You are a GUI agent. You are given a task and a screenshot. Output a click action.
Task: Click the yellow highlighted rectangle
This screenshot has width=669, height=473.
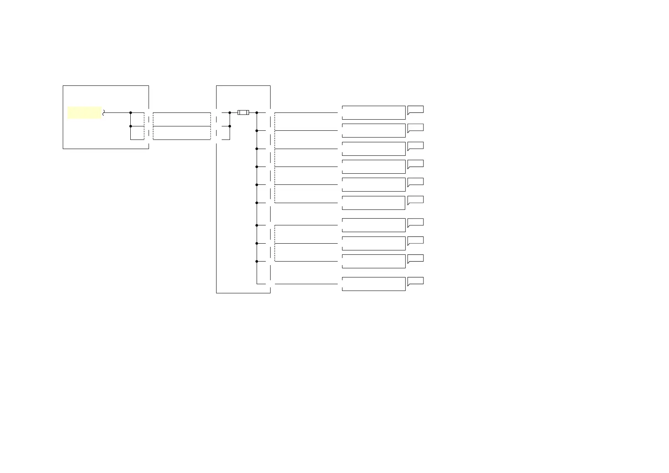(x=84, y=112)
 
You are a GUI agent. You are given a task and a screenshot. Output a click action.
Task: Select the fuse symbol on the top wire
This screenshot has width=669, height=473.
(x=243, y=112)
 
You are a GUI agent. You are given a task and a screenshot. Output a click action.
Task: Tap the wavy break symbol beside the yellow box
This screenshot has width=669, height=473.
(x=104, y=112)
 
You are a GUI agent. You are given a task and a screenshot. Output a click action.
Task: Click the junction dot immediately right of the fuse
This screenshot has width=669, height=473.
(x=257, y=112)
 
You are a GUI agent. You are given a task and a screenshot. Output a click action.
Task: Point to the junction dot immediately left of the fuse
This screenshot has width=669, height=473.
(x=230, y=112)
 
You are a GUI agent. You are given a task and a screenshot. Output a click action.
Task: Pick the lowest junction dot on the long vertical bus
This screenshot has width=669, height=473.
(x=257, y=261)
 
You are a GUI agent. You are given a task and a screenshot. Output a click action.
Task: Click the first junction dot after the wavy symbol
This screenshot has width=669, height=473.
(x=130, y=112)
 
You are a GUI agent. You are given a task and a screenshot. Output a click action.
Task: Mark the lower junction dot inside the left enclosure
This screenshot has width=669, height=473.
(x=130, y=126)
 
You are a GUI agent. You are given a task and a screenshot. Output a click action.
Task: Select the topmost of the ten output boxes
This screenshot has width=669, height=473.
(x=373, y=112)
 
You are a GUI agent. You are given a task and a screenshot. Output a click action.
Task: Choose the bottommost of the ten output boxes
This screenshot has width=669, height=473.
(x=373, y=284)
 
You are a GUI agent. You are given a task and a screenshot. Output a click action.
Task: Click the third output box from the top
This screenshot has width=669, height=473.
(x=373, y=149)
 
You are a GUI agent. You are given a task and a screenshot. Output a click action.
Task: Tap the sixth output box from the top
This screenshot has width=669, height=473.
(x=373, y=203)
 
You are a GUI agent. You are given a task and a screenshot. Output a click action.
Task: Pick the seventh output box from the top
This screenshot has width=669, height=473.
(x=373, y=225)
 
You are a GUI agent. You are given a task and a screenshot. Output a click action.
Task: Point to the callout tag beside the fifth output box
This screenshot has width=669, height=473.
(x=416, y=182)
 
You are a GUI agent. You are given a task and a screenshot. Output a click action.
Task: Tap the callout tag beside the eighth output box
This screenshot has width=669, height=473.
(x=416, y=240)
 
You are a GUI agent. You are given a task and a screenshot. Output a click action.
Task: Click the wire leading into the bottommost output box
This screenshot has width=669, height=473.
(x=306, y=284)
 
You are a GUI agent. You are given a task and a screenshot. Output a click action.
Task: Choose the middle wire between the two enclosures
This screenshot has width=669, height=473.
(x=182, y=126)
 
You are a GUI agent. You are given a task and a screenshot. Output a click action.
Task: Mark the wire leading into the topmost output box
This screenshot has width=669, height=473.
(x=306, y=112)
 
